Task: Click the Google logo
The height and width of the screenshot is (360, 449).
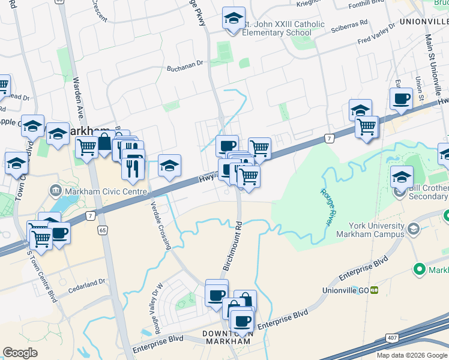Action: [x=20, y=353]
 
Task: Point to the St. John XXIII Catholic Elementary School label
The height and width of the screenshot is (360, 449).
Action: [x=283, y=28]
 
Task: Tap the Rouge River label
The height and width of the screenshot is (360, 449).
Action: [x=325, y=208]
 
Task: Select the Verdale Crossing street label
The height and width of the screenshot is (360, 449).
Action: [x=161, y=224]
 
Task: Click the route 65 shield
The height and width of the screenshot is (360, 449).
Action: [x=103, y=230]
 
